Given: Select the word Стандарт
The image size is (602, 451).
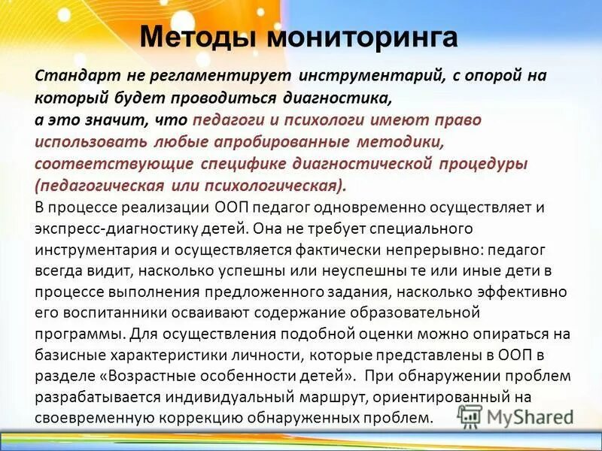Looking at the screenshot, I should click(x=68, y=76).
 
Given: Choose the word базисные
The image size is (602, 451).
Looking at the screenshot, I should click(x=66, y=355).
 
